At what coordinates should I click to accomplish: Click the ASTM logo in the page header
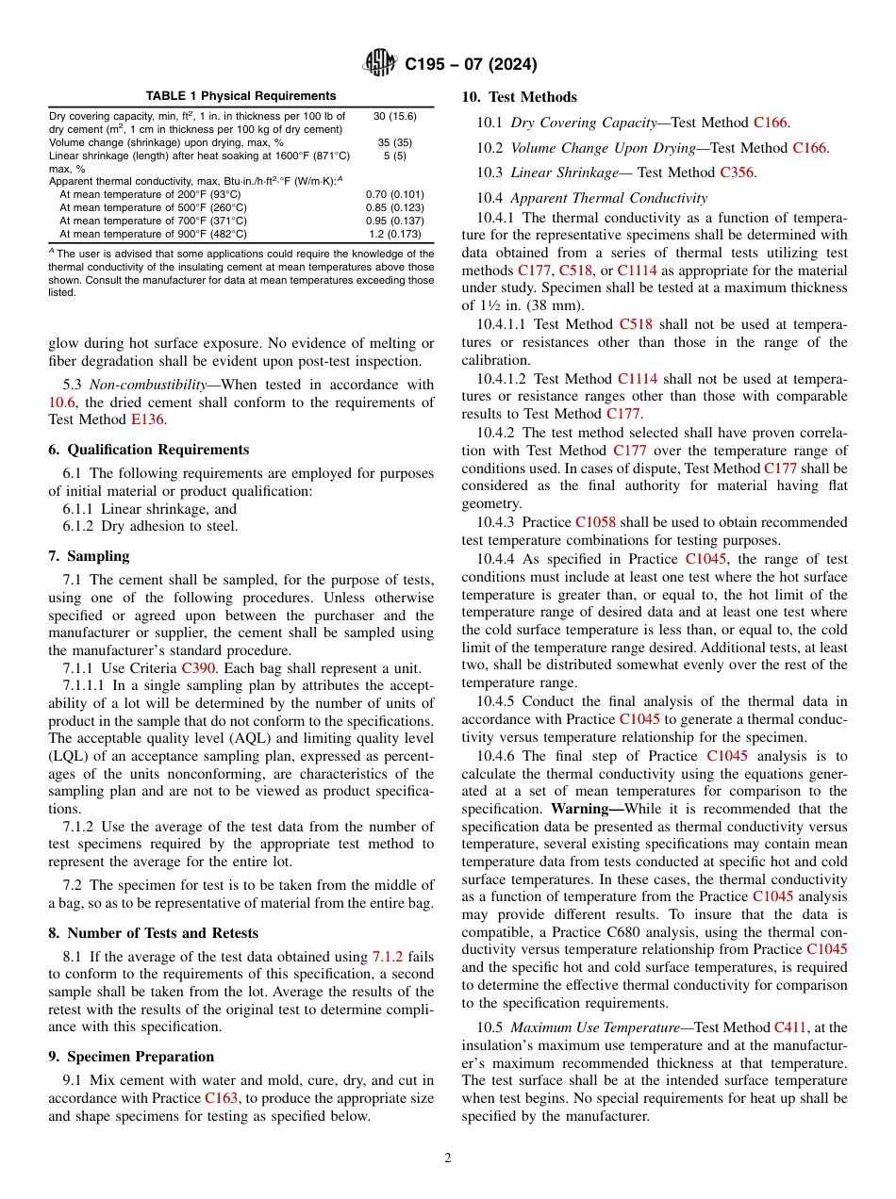pos(380,64)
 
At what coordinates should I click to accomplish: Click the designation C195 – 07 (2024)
pos(470,64)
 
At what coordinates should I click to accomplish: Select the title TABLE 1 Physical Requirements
pos(241,96)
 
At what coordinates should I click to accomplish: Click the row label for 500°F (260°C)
pos(153,207)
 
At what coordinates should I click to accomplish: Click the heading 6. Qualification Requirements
pos(149,450)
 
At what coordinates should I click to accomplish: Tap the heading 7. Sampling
pos(89,556)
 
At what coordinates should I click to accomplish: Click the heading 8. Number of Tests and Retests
pos(153,933)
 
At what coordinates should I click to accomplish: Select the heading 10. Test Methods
pos(519,97)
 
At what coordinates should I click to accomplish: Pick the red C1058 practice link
pos(594,521)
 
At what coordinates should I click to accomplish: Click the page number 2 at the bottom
pos(448,1158)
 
